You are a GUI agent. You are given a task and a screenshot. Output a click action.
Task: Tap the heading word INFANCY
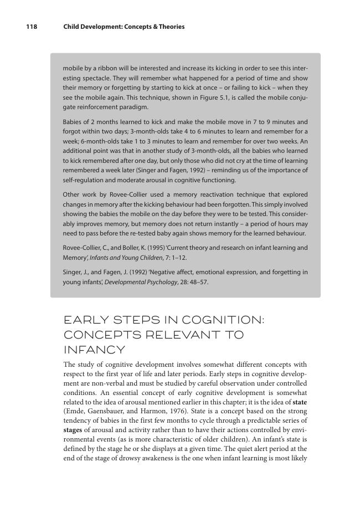click(x=94, y=350)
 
